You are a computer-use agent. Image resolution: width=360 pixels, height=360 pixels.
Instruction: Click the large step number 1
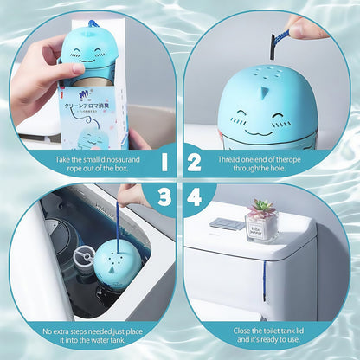164,161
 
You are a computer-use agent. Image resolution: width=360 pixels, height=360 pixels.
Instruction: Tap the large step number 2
196,161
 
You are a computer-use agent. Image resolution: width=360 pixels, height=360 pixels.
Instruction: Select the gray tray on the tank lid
227,223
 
